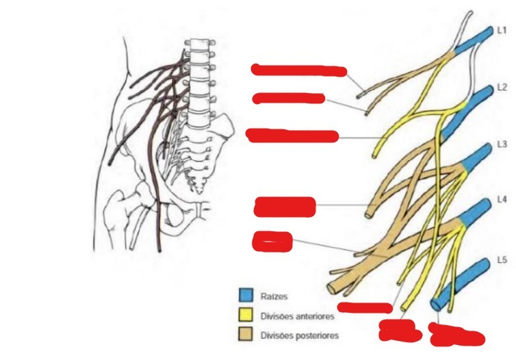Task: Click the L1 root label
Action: click(502, 31)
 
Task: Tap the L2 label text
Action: click(502, 88)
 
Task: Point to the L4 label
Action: click(502, 201)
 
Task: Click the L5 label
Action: click(502, 261)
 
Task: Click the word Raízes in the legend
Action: click(275, 296)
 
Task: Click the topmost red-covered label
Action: click(299, 69)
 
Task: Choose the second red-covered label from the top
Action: click(288, 98)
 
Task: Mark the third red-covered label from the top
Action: click(292, 136)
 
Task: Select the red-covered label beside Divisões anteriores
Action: click(363, 308)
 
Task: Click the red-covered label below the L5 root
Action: click(456, 335)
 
